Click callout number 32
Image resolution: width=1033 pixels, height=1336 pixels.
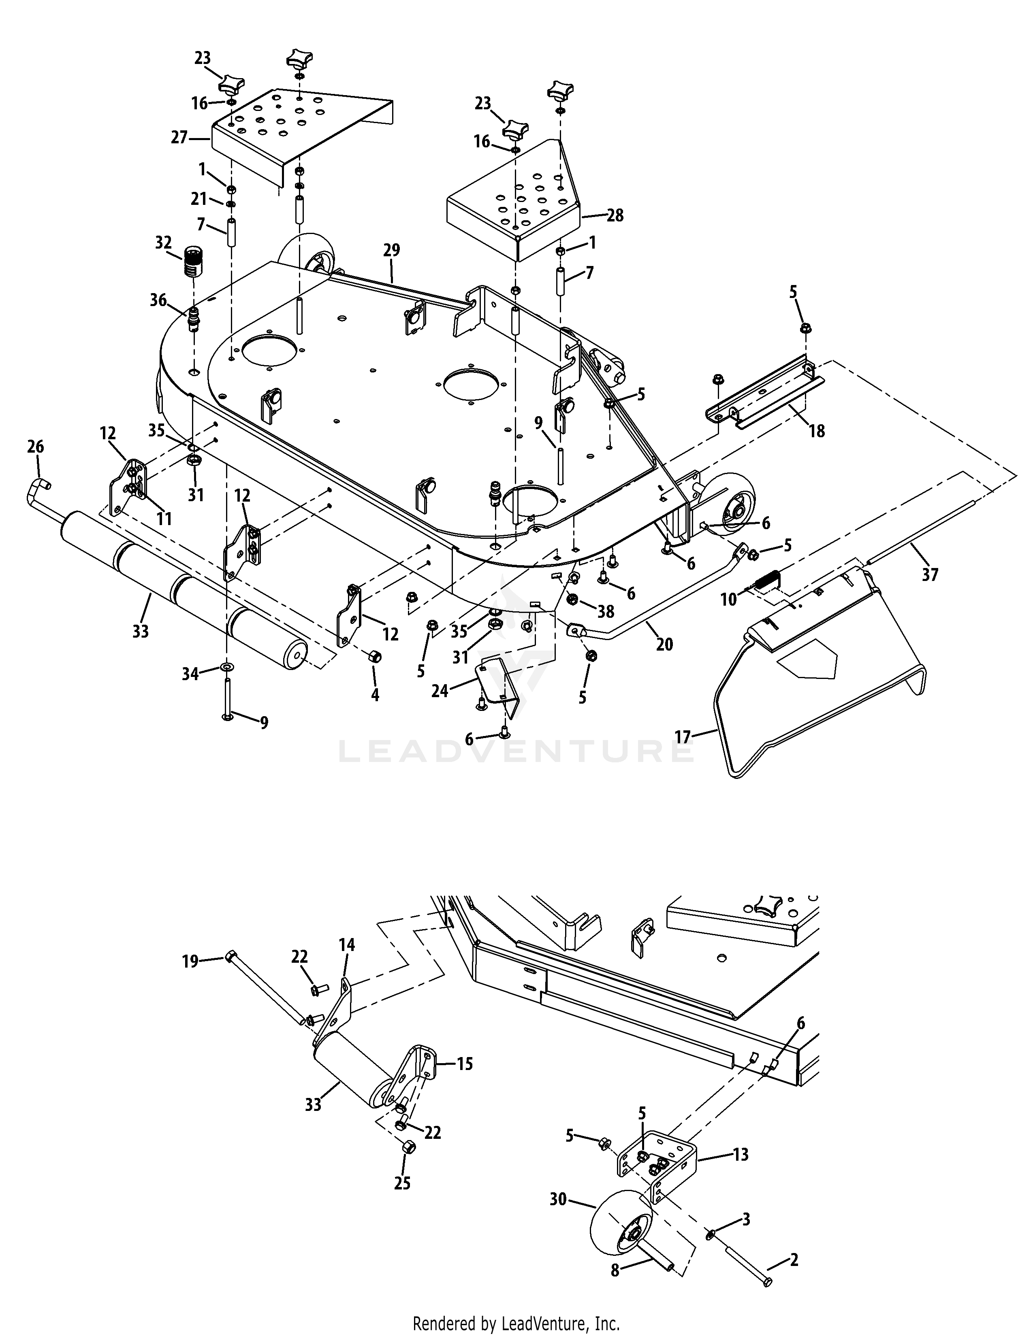point(163,243)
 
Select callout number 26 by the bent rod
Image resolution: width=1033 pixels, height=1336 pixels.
point(36,447)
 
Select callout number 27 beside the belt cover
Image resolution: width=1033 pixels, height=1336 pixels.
point(179,138)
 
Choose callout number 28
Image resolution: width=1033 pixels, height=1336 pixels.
point(615,215)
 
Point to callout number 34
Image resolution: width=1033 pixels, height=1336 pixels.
point(190,674)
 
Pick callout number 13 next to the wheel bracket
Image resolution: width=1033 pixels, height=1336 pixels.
point(741,1155)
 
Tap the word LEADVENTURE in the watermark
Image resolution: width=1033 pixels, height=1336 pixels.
point(516,751)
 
